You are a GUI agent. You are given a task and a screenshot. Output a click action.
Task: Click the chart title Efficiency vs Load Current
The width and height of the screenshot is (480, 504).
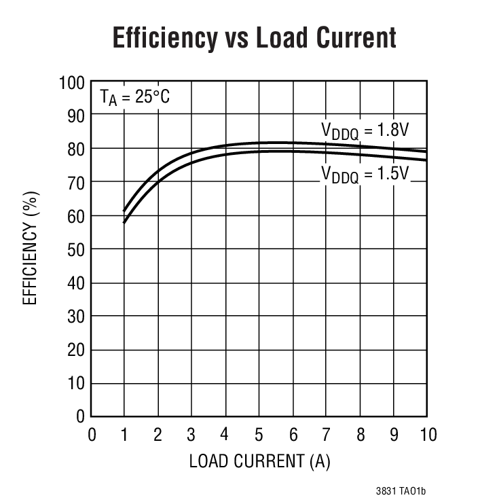[254, 38]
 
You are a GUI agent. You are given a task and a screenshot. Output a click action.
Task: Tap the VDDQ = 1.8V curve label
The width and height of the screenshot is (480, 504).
[365, 130]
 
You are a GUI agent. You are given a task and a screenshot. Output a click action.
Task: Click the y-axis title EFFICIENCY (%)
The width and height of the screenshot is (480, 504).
[31, 249]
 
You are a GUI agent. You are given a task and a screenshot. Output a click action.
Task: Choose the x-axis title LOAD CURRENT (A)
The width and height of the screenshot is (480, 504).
[259, 461]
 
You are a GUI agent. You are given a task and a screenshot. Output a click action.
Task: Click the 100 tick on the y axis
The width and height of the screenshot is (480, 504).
[71, 83]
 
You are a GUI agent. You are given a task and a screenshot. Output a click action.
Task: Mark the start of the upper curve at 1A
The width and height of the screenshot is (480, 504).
[124, 211]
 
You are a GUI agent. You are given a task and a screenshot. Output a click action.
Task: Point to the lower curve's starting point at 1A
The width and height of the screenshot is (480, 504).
[124, 222]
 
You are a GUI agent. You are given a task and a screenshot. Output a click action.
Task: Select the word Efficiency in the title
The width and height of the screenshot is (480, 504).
[162, 38]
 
